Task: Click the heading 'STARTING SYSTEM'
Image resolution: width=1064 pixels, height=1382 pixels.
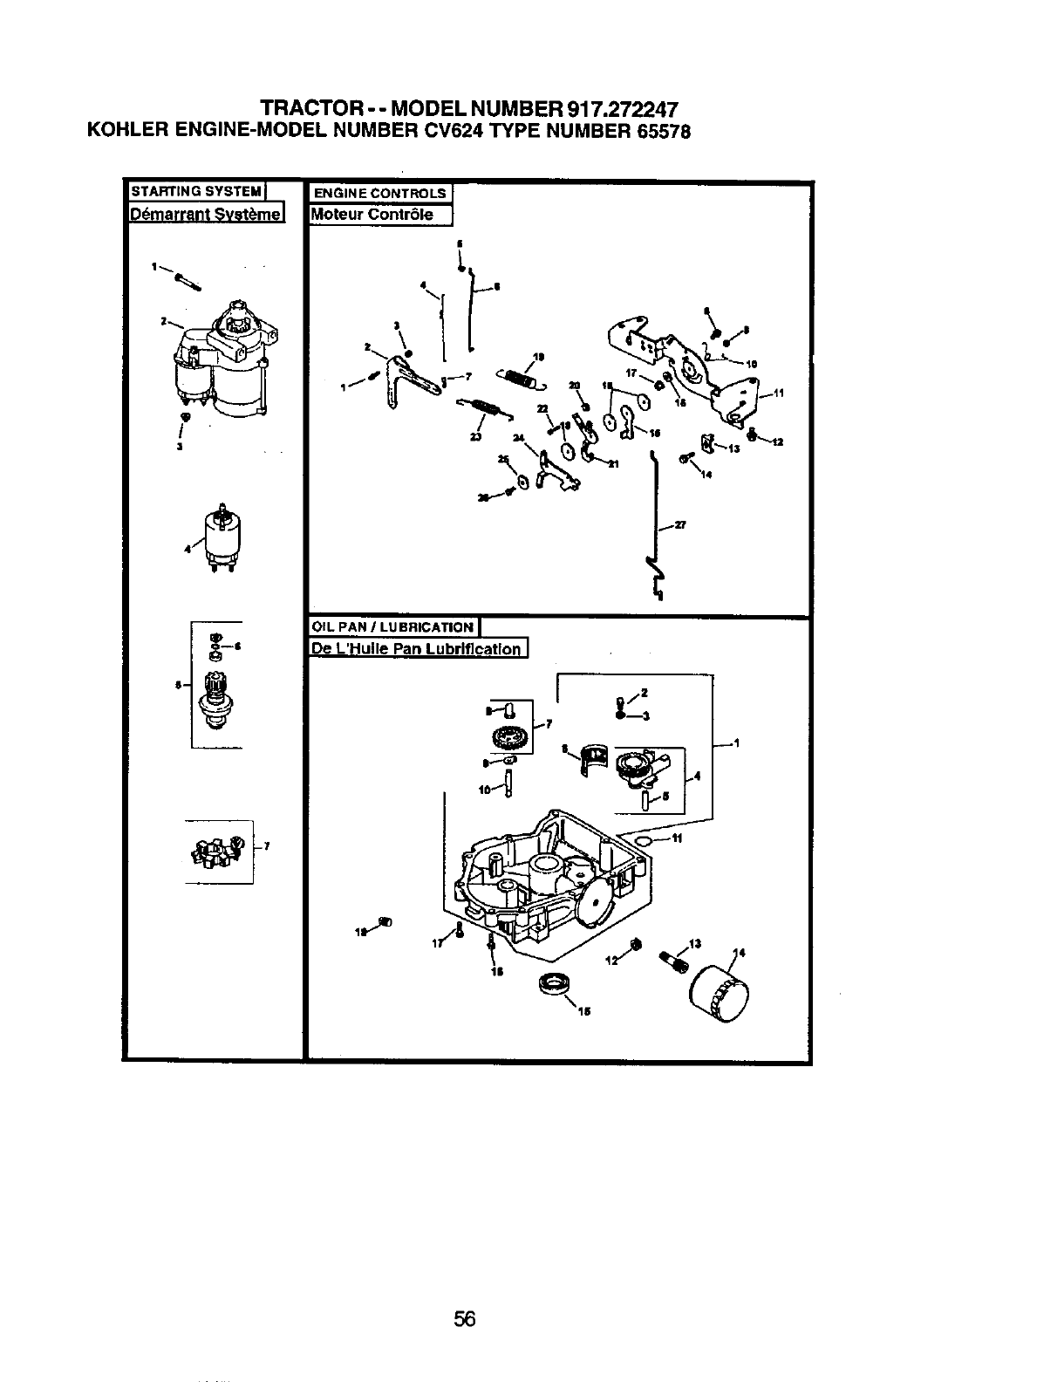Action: [196, 191]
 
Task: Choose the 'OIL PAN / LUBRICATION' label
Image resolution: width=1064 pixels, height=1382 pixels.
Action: [393, 626]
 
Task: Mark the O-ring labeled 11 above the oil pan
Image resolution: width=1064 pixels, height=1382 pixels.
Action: [644, 839]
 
